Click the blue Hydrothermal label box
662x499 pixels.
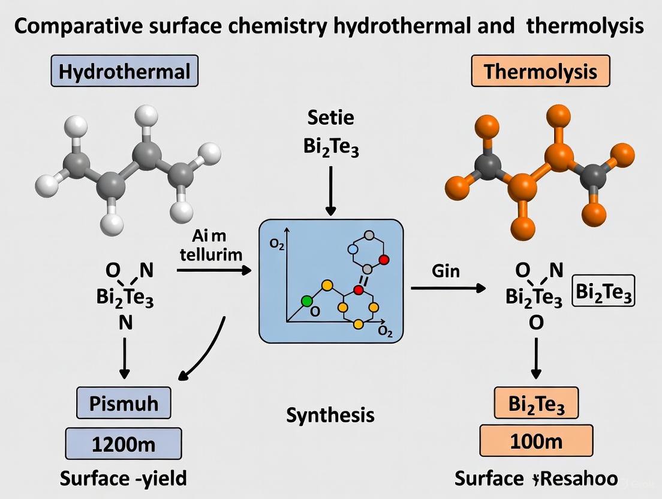(x=124, y=72)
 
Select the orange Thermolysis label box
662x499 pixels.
(x=540, y=72)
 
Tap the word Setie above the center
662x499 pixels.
(x=330, y=117)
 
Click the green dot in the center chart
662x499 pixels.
(x=307, y=300)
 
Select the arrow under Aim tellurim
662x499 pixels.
(x=214, y=271)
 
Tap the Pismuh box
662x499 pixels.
(x=124, y=402)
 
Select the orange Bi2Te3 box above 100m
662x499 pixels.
(x=537, y=402)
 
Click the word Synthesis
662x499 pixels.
(x=330, y=414)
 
